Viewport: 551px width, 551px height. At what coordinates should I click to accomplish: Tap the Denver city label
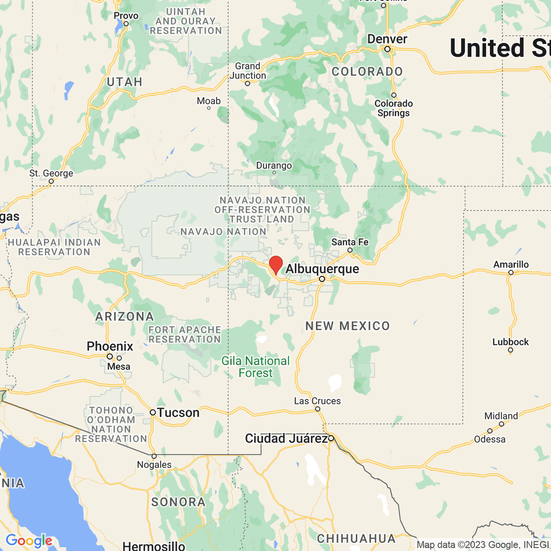click(387, 39)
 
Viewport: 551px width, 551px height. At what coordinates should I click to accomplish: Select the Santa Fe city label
click(350, 242)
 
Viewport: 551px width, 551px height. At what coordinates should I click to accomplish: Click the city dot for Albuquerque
click(322, 279)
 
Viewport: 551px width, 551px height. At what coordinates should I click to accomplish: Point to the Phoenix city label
click(110, 346)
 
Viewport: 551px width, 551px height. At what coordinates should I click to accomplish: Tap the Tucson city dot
click(153, 412)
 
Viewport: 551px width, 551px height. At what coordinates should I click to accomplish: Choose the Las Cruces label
click(317, 401)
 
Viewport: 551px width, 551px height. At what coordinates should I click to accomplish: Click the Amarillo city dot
click(511, 273)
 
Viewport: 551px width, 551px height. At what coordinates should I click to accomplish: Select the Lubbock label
click(511, 342)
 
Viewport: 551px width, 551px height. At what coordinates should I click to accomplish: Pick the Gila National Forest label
click(256, 367)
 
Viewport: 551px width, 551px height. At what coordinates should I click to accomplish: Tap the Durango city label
click(274, 165)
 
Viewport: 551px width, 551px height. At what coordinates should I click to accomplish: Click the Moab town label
click(209, 101)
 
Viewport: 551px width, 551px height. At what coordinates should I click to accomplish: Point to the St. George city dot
click(51, 181)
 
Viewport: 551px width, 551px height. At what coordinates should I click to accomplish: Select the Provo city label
click(126, 16)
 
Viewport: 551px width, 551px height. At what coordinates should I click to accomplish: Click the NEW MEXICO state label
click(348, 326)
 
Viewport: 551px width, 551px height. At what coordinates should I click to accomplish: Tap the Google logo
click(29, 541)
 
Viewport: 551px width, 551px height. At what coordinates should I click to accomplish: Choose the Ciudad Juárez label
click(286, 439)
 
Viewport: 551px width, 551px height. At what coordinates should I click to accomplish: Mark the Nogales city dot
click(154, 456)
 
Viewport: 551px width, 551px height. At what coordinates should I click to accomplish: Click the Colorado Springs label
click(394, 108)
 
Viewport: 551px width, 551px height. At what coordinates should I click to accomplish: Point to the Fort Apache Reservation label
click(185, 334)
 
